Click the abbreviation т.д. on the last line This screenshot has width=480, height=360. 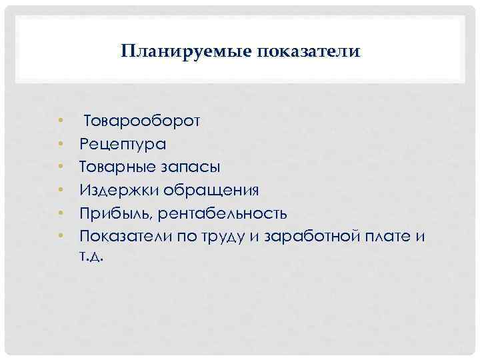91,256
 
